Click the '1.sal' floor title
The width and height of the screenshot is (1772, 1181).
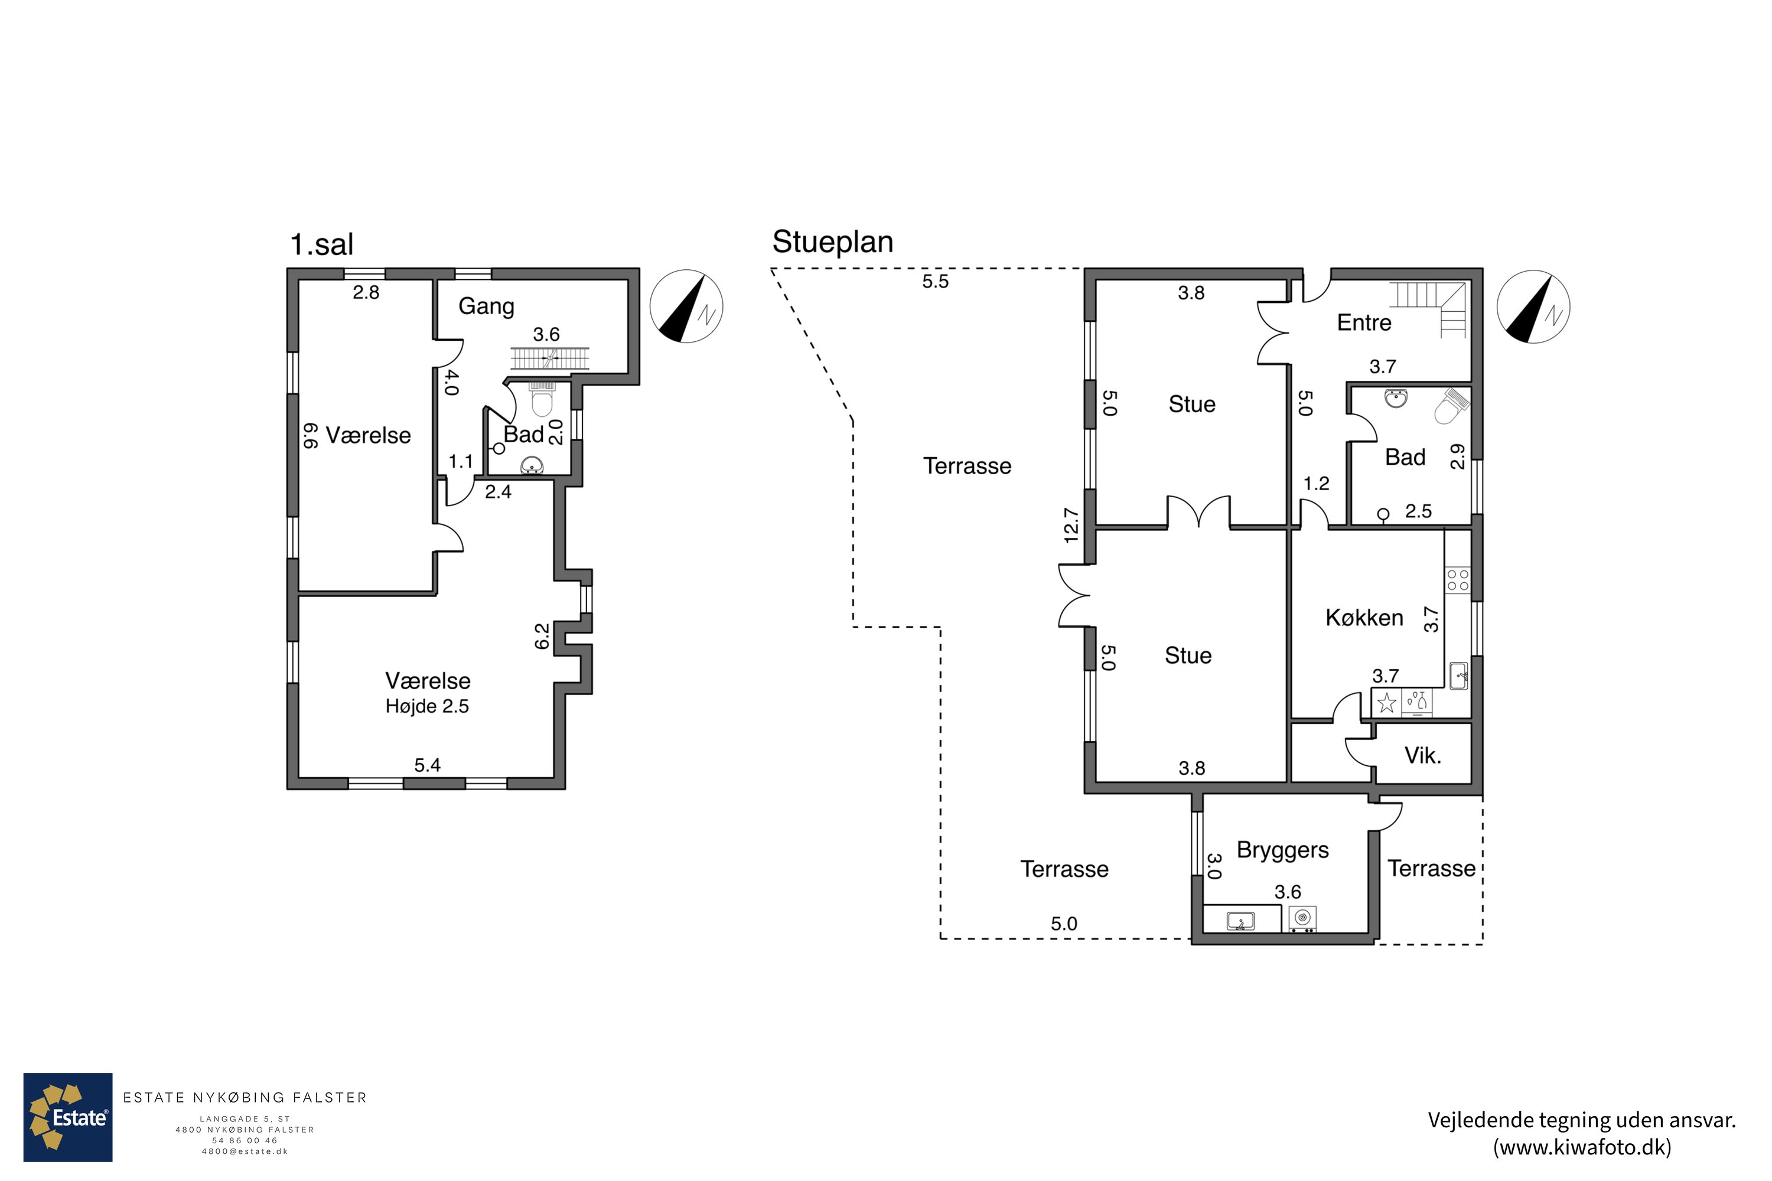pyautogui.click(x=322, y=245)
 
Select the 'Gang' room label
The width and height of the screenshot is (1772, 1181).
pyautogui.click(x=486, y=306)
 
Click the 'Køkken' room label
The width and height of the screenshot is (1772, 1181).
pyautogui.click(x=1364, y=618)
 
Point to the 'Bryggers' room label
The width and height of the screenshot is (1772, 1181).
pyautogui.click(x=1282, y=850)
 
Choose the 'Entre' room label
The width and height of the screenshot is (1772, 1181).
pyautogui.click(x=1364, y=322)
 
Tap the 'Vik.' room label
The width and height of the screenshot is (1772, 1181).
pyautogui.click(x=1422, y=755)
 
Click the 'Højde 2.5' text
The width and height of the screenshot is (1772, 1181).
pyautogui.click(x=427, y=706)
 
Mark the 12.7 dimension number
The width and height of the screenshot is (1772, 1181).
pyautogui.click(x=1070, y=526)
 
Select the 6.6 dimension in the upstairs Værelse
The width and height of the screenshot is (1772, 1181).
pyautogui.click(x=310, y=435)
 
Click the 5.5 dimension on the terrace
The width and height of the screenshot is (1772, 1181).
pyautogui.click(x=935, y=282)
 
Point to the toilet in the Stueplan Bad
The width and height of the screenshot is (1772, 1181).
pyautogui.click(x=1451, y=407)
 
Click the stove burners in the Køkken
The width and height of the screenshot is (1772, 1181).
pyautogui.click(x=1457, y=580)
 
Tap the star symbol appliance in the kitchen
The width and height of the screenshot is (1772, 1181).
pyautogui.click(x=1386, y=703)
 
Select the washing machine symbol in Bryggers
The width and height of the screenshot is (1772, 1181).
pyautogui.click(x=1302, y=919)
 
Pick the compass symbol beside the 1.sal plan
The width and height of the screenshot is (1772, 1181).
pyautogui.click(x=686, y=306)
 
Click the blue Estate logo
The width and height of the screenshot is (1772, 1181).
pyautogui.click(x=68, y=1117)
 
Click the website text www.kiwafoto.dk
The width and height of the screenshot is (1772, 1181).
pyautogui.click(x=1582, y=1147)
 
